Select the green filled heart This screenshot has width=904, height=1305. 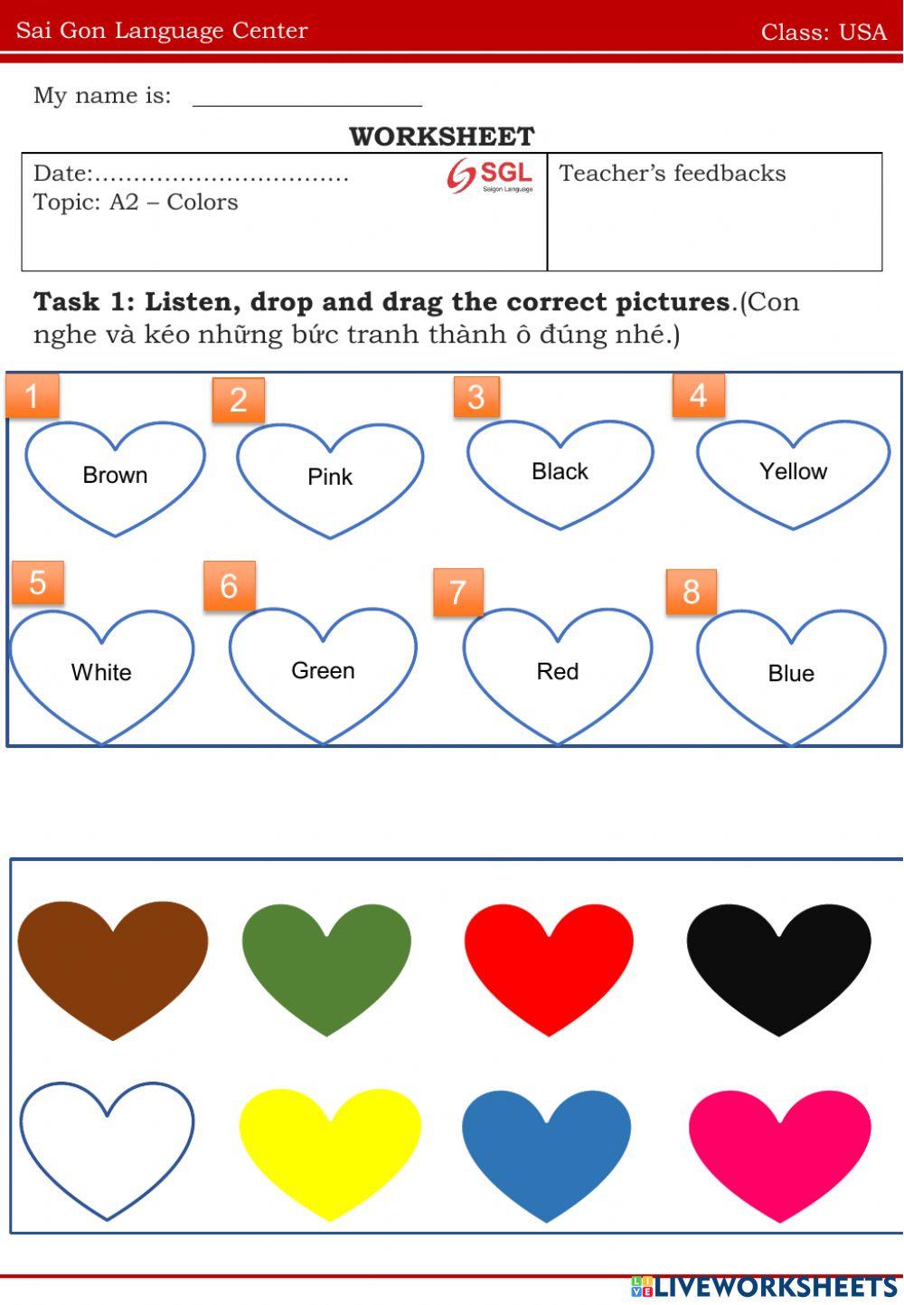coord(326,963)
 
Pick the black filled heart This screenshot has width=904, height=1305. coord(778,963)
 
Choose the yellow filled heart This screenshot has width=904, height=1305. coord(330,1149)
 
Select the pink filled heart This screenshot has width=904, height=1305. coord(779,1150)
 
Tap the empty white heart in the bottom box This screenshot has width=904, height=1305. coord(107,1144)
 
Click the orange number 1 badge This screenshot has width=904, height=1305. coord(33,395)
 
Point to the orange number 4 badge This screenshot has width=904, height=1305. coord(698,394)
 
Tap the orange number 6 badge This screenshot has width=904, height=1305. coord(229,586)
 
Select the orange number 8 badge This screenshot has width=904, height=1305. coord(691,591)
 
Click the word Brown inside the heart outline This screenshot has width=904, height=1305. coord(115,475)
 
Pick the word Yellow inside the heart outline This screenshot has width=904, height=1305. coord(793,471)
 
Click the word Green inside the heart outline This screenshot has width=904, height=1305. coord(323,670)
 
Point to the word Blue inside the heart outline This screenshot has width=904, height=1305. coord(791,673)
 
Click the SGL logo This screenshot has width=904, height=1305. coord(490,175)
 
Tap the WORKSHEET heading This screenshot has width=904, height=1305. coord(442,137)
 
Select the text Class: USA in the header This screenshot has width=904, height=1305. coord(824,32)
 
